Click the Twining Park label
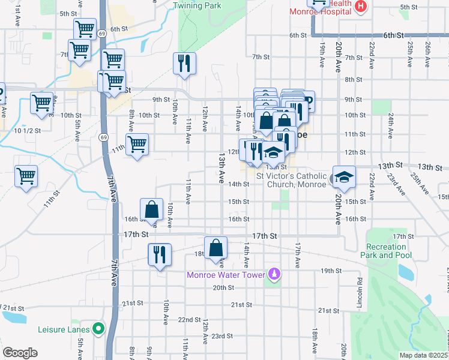click(197, 6)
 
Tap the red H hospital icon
click(360, 7)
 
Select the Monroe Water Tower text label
click(226, 275)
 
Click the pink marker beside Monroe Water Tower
click(274, 275)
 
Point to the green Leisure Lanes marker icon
click(97, 329)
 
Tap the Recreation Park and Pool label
click(387, 251)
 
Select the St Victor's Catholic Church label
click(292, 180)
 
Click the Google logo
click(20, 353)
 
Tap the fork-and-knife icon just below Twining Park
click(185, 62)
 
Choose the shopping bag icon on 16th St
click(152, 210)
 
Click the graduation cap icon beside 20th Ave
click(345, 177)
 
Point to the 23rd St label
click(221, 336)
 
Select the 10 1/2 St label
click(27, 130)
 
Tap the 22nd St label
click(188, 320)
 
